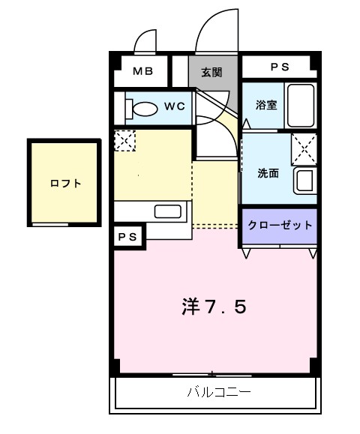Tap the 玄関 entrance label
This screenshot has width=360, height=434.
click(211, 73)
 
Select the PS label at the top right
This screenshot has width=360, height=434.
click(279, 67)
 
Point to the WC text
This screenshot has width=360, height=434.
click(174, 106)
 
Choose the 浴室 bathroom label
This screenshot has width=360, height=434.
click(265, 105)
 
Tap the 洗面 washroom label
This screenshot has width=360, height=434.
click(268, 173)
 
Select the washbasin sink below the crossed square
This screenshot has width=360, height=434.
click(304, 181)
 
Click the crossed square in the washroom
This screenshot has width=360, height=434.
click(304, 146)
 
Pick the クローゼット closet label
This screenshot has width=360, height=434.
click(278, 225)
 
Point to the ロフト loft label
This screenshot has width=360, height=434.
click(64, 183)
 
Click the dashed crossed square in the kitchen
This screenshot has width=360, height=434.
click(124, 140)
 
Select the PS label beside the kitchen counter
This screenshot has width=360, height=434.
click(127, 236)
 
